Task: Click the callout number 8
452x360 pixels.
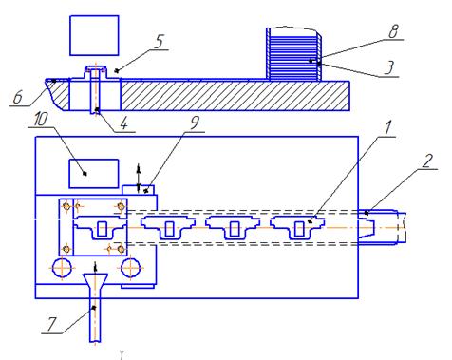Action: pos(393,31)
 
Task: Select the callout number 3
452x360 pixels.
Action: pos(389,67)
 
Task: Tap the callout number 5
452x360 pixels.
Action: pos(159,41)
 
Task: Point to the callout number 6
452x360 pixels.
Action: pos(18,97)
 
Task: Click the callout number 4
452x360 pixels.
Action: pos(123,123)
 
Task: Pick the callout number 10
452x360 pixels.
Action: pos(40,120)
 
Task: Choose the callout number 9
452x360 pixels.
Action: pos(195,123)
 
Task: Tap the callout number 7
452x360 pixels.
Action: pos(52,324)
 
